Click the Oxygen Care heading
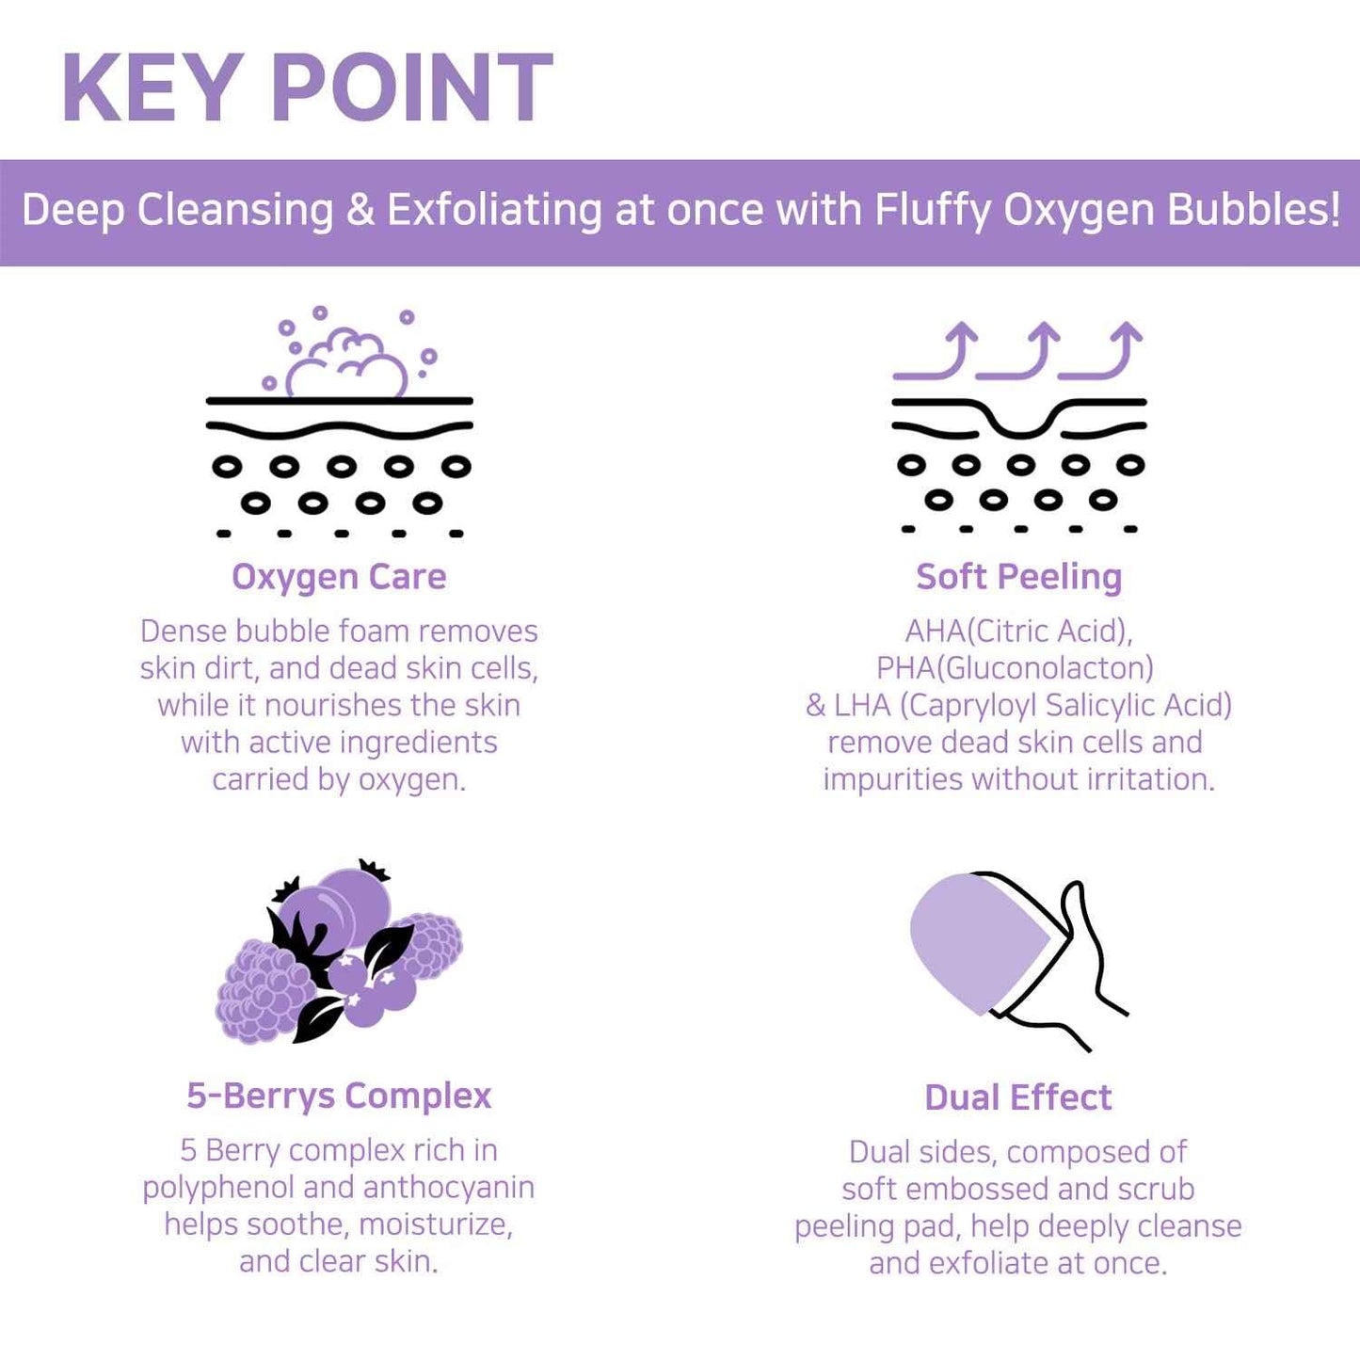click(x=339, y=577)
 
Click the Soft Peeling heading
click(x=1019, y=577)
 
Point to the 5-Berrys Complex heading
click(x=339, y=1096)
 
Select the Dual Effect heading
click(x=1018, y=1098)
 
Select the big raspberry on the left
click(x=264, y=991)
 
